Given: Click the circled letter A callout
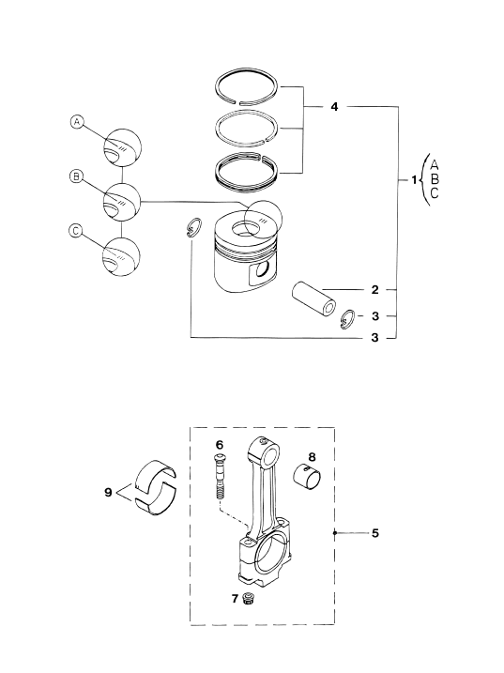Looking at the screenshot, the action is pyautogui.click(x=76, y=122).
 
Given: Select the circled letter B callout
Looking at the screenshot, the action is pyautogui.click(x=76, y=176).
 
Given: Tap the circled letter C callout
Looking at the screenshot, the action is pyautogui.click(x=75, y=231).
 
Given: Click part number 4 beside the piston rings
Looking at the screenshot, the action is pyautogui.click(x=334, y=106).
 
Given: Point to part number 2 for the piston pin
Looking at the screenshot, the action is pyautogui.click(x=375, y=290).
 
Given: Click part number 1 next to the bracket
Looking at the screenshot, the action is pyautogui.click(x=414, y=180).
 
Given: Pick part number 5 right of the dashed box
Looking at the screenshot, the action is pyautogui.click(x=375, y=533).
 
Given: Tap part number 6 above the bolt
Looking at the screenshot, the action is pyautogui.click(x=220, y=445).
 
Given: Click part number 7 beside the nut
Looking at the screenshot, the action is pyautogui.click(x=235, y=598).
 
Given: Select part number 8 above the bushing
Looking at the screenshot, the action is pyautogui.click(x=312, y=457).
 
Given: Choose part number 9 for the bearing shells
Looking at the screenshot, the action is pyautogui.click(x=108, y=492).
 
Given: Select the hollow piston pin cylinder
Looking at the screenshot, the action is pyautogui.click(x=313, y=298).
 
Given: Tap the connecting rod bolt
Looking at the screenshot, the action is pyautogui.click(x=220, y=477).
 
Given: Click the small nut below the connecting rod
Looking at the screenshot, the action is pyautogui.click(x=247, y=598).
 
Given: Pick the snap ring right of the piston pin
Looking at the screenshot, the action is pyautogui.click(x=347, y=319).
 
